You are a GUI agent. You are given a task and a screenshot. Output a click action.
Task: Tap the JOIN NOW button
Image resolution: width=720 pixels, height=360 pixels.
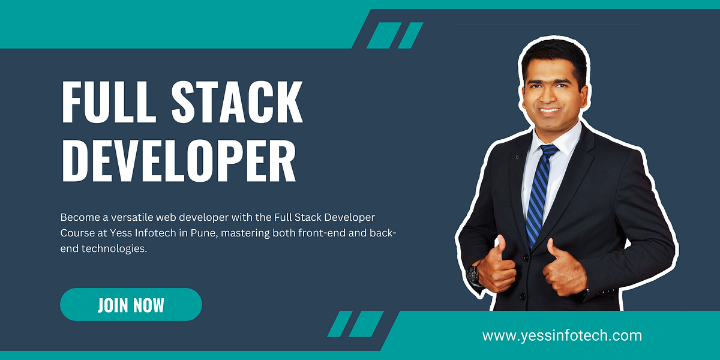(x=131, y=304)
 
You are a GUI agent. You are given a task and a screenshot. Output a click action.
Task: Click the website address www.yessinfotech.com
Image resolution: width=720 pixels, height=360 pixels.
(x=562, y=335)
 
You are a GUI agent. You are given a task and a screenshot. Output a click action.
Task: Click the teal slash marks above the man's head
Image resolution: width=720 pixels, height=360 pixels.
(x=394, y=35)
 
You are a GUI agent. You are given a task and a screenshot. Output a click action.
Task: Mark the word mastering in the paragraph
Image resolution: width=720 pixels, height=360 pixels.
(x=247, y=232)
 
